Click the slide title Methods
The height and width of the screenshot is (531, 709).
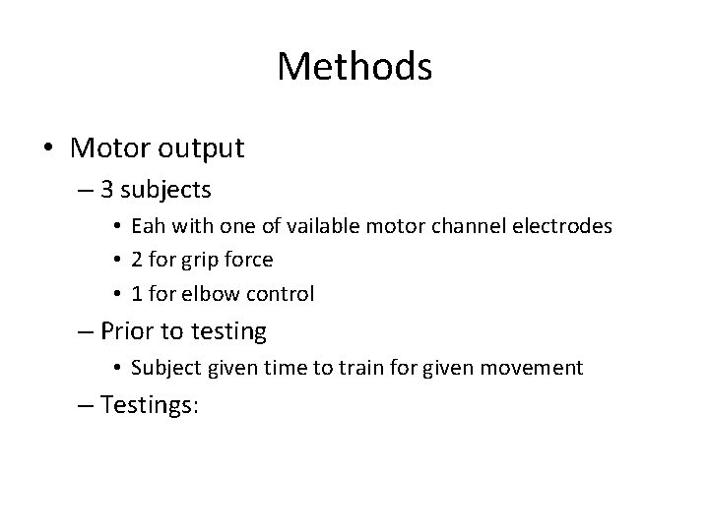tap(354, 67)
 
